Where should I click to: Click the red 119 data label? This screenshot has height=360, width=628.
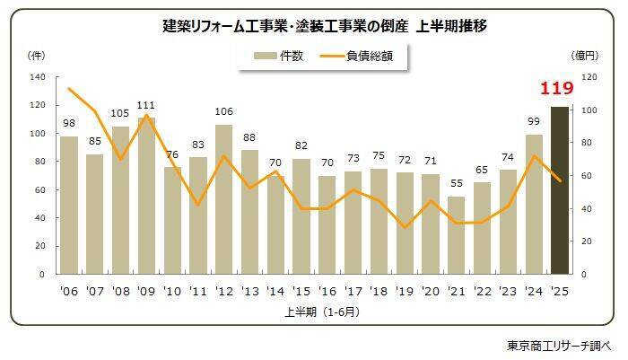[557, 89]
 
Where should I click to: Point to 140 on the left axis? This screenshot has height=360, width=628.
[37, 77]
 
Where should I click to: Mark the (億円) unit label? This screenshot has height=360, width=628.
[583, 56]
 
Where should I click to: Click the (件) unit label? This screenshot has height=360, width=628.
[37, 56]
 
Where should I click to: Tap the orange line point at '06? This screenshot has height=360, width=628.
[69, 89]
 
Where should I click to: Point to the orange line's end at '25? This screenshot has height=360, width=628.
[559, 180]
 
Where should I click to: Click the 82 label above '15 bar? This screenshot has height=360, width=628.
[301, 145]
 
